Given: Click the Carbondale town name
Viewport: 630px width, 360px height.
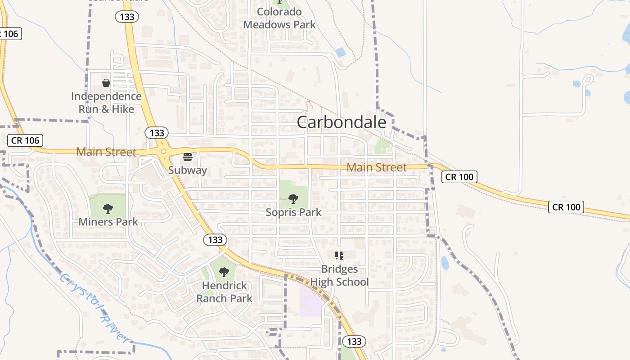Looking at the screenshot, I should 341,122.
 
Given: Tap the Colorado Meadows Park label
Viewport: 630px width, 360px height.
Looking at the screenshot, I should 279,18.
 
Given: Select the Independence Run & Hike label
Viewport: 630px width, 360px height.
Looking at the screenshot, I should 106,103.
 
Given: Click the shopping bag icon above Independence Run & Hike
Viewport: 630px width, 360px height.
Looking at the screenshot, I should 106,83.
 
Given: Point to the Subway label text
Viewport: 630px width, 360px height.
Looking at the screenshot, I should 187,170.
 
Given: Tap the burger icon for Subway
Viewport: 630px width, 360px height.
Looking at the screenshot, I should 188,157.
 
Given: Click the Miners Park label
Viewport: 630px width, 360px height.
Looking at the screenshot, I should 108,222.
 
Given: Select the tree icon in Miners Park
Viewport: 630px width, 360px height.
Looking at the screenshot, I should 108,209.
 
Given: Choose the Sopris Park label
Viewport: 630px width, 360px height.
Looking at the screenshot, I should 293,212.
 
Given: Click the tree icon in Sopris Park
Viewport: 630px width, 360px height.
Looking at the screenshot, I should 293,199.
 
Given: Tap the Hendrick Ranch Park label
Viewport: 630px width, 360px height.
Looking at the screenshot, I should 224,292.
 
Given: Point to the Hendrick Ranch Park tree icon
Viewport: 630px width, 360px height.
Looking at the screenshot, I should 224,272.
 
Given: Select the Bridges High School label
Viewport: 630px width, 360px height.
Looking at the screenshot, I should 340,275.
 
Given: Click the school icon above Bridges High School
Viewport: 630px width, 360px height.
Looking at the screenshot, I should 339,256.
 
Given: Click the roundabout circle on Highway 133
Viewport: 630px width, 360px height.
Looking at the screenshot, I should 163,152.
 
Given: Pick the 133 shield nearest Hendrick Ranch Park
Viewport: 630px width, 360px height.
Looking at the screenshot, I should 215,239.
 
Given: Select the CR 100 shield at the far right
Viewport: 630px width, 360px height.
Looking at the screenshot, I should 566,207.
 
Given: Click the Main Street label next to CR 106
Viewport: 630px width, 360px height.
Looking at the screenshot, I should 106,152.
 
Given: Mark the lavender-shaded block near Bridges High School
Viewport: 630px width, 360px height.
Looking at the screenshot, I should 310,299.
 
